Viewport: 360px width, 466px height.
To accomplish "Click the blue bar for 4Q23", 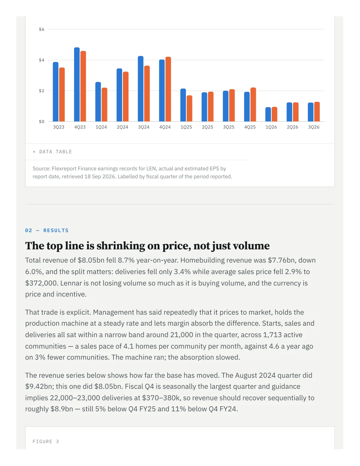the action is point(77,84).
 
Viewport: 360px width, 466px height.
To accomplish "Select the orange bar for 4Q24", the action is point(168,89).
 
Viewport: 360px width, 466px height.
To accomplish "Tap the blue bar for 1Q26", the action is point(268,114).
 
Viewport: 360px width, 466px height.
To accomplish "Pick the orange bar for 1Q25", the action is point(189,109).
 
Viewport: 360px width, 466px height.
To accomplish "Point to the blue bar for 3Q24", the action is point(140,89).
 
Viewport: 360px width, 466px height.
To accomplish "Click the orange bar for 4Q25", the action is point(253,105).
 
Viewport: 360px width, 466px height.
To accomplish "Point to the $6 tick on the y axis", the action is point(41,29).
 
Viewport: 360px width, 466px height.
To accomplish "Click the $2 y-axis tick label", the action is point(41,91).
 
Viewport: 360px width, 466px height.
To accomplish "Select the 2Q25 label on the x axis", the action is point(207,127).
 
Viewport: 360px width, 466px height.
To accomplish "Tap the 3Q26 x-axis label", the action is point(314,127).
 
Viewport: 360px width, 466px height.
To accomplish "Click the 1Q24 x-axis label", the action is point(101,127).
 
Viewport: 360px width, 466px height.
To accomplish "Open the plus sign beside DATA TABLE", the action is point(34,152).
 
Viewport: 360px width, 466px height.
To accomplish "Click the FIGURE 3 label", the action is point(46,441).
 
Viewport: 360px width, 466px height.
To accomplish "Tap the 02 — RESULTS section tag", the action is point(47,230).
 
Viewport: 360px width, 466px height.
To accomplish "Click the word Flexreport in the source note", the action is point(64,169).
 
